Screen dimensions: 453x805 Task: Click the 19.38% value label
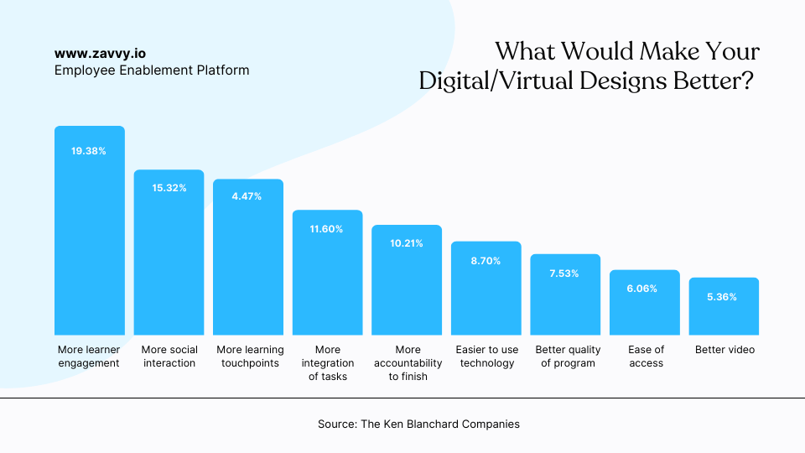(x=89, y=151)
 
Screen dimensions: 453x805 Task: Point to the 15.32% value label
(x=169, y=188)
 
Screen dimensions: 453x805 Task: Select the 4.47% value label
(x=248, y=196)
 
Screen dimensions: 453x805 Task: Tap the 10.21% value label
(x=407, y=243)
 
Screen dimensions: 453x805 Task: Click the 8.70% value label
(x=486, y=261)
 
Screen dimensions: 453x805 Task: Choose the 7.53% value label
(x=564, y=273)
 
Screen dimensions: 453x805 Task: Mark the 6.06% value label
(x=645, y=289)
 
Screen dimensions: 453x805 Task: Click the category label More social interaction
(x=169, y=357)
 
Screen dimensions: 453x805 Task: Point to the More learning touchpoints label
(x=250, y=357)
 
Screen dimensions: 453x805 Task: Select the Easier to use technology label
(x=486, y=357)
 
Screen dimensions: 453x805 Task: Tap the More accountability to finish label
(x=408, y=363)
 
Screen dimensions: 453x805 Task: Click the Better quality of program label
(x=567, y=357)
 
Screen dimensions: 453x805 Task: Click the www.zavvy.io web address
(x=100, y=53)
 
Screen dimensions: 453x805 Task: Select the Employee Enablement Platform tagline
(x=152, y=70)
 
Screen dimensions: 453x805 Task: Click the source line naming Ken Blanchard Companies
(x=418, y=424)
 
